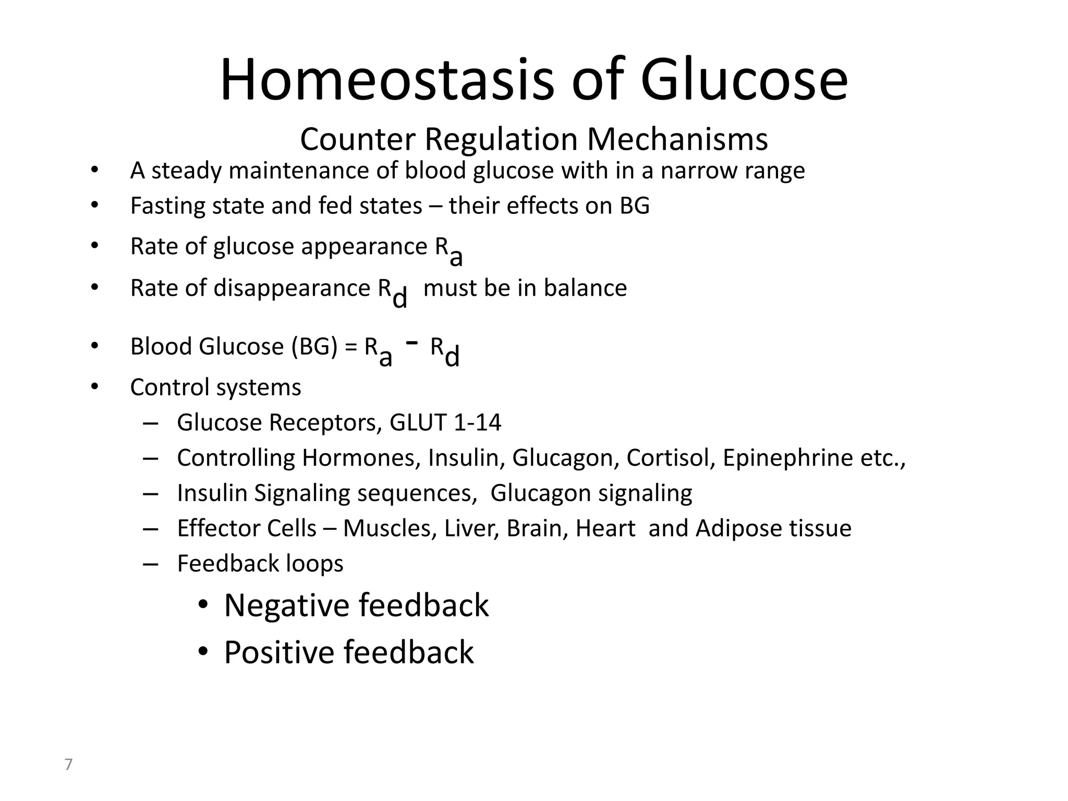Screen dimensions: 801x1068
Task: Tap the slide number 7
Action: (68, 764)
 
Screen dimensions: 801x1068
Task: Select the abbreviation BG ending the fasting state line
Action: (635, 205)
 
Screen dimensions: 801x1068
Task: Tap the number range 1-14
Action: (477, 422)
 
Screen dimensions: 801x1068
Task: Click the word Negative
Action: (284, 605)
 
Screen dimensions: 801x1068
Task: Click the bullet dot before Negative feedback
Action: (203, 605)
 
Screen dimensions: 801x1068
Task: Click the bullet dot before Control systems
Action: (94, 387)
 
